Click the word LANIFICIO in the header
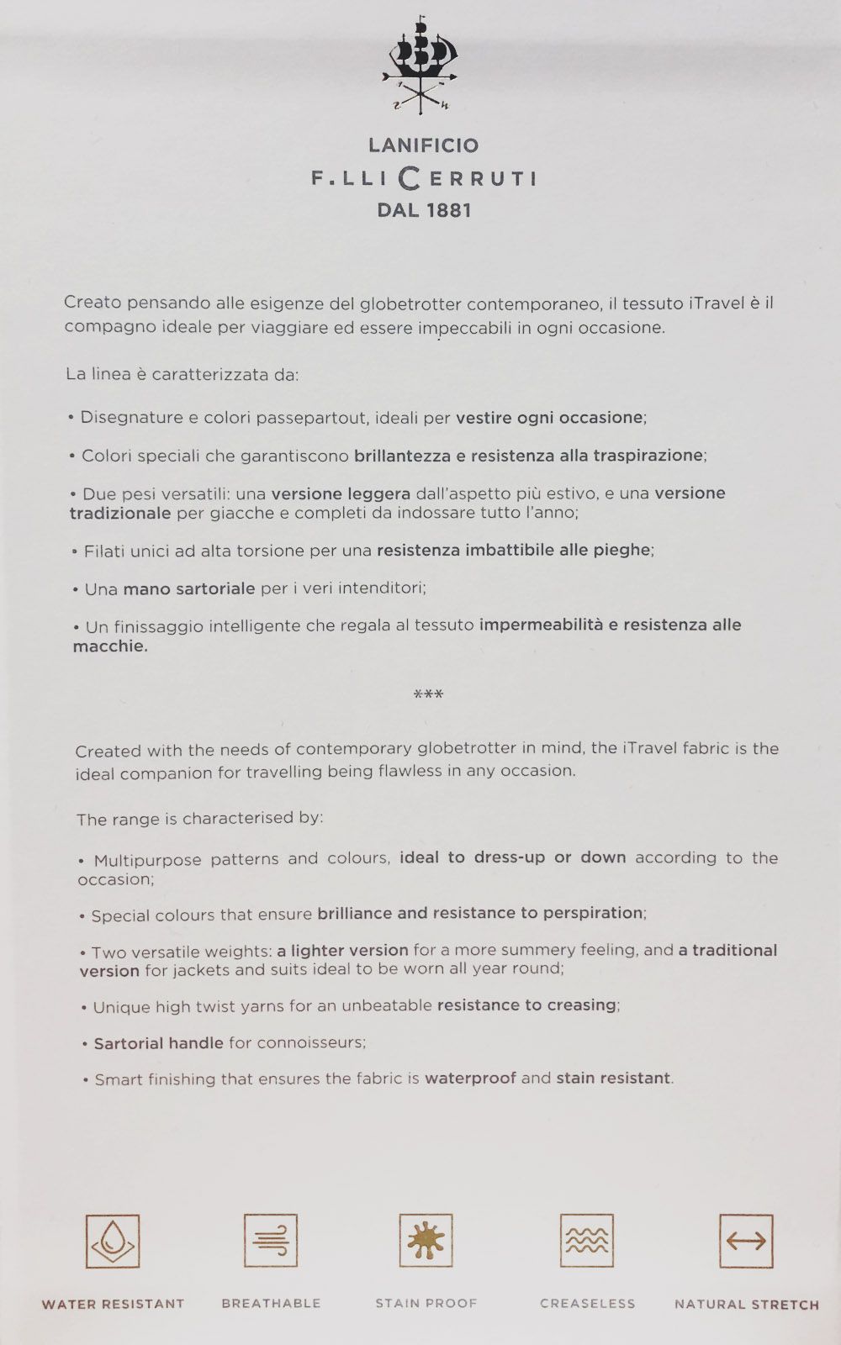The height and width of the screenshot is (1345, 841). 423,145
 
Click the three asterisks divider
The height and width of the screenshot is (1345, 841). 428,694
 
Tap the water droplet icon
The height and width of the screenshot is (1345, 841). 113,1241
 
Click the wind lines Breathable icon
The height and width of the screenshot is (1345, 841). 271,1240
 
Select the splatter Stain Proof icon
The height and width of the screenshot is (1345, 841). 426,1240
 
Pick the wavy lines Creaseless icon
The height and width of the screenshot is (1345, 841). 587,1240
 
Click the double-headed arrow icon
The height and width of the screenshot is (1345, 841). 746,1241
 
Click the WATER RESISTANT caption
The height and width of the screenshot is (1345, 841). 113,1304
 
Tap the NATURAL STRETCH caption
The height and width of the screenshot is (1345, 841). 746,1305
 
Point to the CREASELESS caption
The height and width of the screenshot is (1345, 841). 587,1304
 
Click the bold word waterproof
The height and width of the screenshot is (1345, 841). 470,1078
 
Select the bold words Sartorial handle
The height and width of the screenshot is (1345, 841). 158,1043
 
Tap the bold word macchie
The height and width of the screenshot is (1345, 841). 109,646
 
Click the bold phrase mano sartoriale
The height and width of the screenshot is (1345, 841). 188,588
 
